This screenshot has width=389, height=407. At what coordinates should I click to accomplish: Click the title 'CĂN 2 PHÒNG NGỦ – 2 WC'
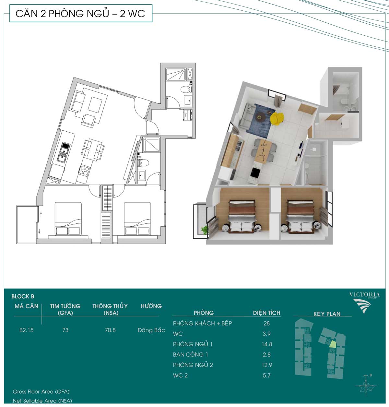(80, 13)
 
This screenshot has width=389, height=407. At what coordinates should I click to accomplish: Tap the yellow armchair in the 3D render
(277, 119)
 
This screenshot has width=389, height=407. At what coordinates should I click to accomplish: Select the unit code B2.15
(26, 330)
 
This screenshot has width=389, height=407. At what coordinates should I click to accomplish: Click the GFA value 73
(65, 330)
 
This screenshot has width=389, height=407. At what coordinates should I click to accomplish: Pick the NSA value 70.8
(110, 330)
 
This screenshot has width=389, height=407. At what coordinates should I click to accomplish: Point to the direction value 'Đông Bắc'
(151, 330)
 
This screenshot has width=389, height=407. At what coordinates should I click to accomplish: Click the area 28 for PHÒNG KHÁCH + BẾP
(266, 323)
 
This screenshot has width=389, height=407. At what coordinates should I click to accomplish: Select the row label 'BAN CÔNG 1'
(190, 354)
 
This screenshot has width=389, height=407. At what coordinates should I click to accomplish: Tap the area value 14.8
(267, 344)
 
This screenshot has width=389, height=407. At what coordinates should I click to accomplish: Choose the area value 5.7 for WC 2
(266, 376)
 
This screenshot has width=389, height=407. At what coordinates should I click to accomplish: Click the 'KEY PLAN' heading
(327, 314)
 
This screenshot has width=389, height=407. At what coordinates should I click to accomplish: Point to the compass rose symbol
(366, 385)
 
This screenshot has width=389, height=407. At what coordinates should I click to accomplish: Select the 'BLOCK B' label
(23, 296)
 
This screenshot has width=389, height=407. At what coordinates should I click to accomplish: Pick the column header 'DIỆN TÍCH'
(266, 313)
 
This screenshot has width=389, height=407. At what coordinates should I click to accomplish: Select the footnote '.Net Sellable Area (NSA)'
(42, 401)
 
